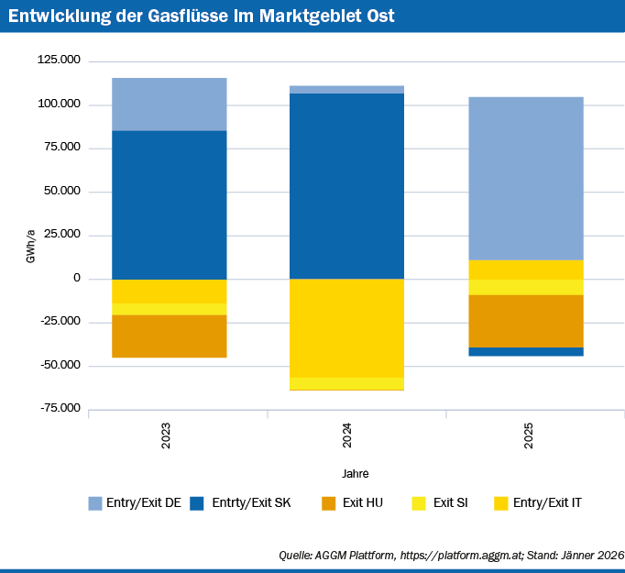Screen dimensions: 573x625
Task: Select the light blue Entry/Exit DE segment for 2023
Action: coord(169,104)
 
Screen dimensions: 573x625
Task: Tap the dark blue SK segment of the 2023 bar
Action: coord(169,204)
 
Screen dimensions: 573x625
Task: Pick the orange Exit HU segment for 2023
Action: coord(169,336)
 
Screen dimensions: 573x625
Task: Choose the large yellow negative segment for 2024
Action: coord(346,328)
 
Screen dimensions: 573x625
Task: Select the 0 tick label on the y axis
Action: coord(77,278)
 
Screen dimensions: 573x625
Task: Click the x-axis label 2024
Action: coord(346,435)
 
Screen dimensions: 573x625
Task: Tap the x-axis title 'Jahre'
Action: coord(356,473)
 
